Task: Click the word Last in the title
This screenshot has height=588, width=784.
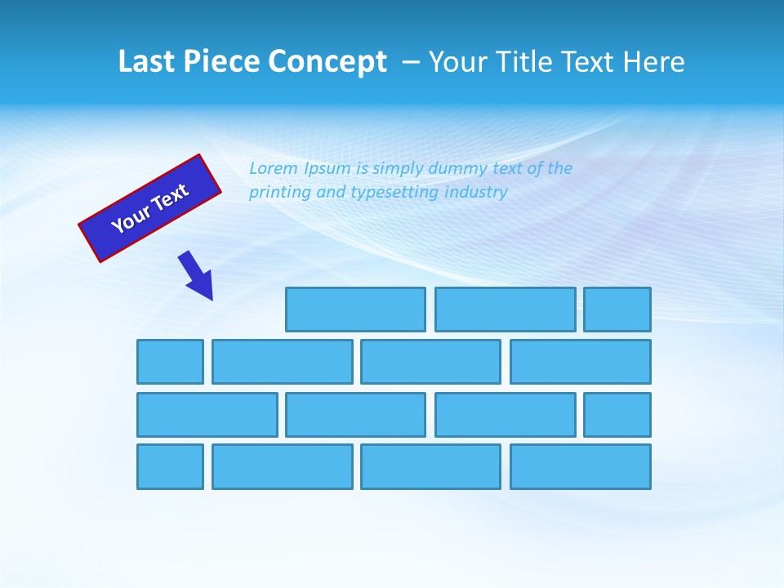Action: coord(144,62)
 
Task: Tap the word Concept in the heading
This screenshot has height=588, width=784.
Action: coord(329,62)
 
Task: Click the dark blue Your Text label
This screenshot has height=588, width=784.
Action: coord(150,208)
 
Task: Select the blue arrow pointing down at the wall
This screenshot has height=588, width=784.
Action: coord(196,276)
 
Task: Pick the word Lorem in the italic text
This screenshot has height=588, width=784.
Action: coord(274,168)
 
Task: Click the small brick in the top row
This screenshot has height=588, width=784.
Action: coord(617,310)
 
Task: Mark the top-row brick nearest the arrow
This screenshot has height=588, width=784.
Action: coord(355,310)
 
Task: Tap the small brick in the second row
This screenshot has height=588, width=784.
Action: coord(170,362)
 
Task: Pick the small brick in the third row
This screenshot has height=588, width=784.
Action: coord(617,415)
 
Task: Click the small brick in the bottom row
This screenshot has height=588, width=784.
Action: coord(170,467)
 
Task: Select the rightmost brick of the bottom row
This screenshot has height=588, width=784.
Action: coord(581,467)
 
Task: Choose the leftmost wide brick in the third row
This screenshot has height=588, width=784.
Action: coord(207,415)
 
